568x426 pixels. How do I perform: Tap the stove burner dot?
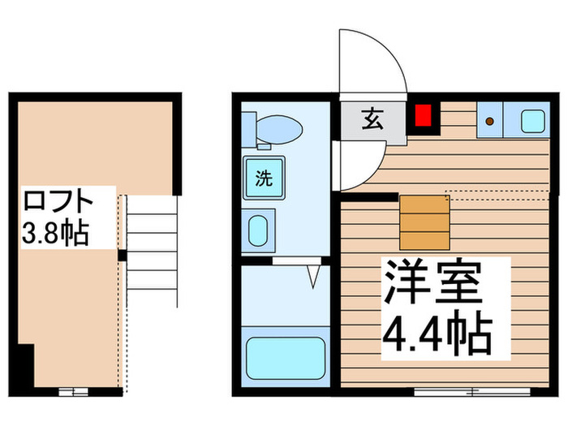pos(490,122)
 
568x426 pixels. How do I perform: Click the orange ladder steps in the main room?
pos(424,222)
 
